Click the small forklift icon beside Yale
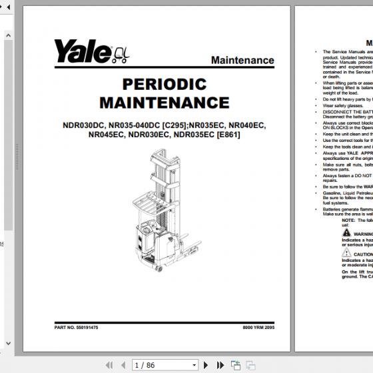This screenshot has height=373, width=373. (x=119, y=53)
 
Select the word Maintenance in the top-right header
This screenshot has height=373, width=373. (x=242, y=60)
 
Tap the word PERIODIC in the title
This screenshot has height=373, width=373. (x=164, y=84)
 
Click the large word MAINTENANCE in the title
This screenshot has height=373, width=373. (x=164, y=103)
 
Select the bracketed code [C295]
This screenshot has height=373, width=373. (x=175, y=125)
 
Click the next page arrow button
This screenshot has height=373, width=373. (x=206, y=365)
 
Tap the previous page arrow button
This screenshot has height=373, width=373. (x=122, y=365)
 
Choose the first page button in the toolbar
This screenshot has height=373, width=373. (x=109, y=365)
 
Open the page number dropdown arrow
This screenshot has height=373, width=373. (x=194, y=365)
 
